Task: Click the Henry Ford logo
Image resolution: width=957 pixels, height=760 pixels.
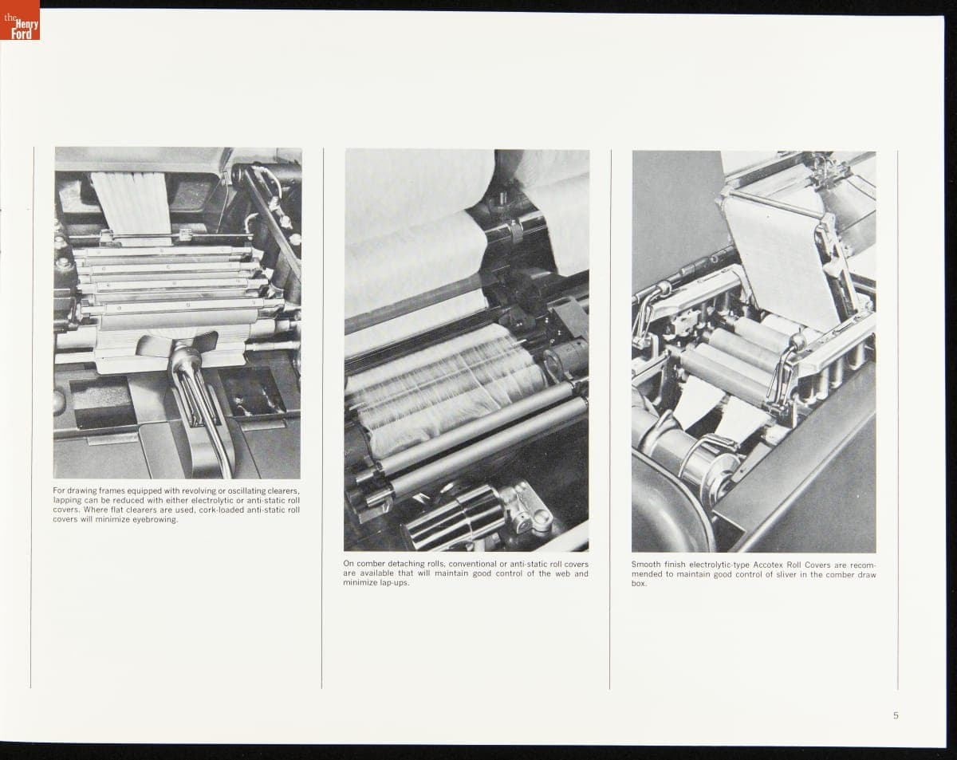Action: [x=20, y=20]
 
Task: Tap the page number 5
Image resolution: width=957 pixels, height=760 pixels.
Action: [x=896, y=715]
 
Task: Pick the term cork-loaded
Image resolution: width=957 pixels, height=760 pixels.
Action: [x=219, y=510]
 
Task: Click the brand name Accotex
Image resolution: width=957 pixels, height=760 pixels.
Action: [x=767, y=565]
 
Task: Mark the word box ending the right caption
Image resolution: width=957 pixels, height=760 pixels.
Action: [x=639, y=584]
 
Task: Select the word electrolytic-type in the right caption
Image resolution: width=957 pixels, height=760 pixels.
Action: [x=719, y=565]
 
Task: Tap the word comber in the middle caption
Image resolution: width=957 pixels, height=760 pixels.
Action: [x=371, y=564]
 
